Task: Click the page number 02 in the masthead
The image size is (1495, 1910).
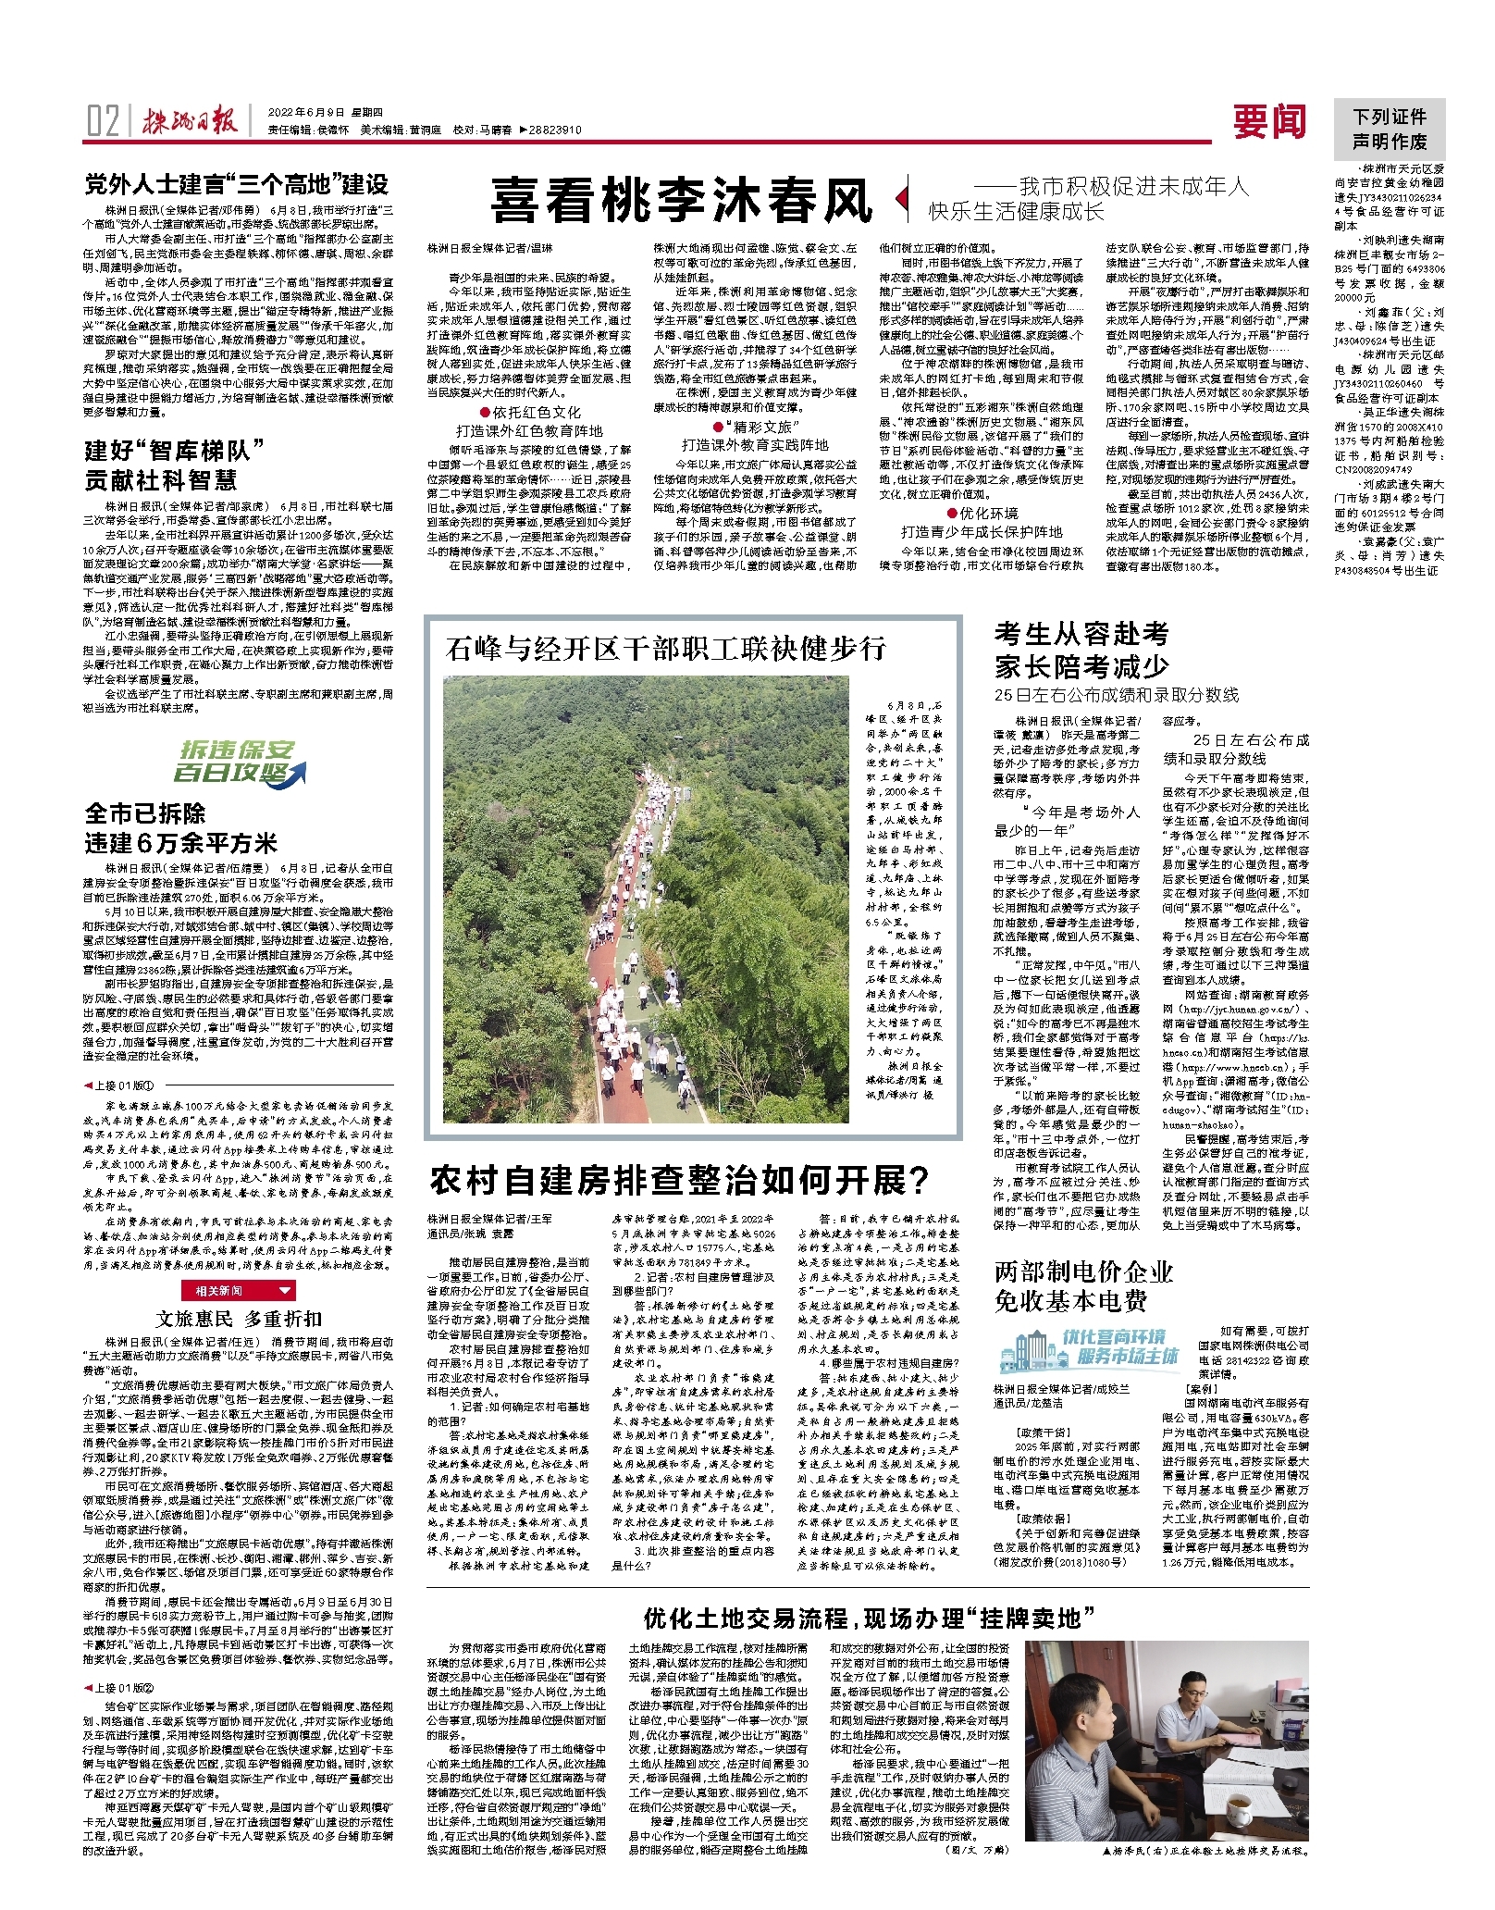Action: (103, 121)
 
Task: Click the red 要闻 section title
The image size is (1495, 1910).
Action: (1269, 121)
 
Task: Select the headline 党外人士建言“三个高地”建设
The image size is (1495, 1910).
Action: (237, 184)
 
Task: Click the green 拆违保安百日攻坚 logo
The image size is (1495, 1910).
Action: (238, 762)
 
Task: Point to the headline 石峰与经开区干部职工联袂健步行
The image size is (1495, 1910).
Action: (665, 648)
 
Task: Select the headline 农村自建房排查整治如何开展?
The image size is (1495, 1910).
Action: (680, 1180)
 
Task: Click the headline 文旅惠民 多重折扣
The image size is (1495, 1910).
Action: (239, 1318)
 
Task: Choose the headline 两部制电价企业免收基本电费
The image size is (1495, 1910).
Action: (1083, 1286)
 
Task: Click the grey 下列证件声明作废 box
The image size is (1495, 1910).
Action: (1389, 129)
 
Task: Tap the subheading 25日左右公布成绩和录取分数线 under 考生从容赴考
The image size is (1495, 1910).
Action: (1116, 694)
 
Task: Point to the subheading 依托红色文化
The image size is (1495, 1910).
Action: (529, 413)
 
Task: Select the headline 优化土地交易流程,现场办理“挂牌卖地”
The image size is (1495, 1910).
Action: (869, 1618)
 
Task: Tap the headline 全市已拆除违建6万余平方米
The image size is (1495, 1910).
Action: (181, 828)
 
